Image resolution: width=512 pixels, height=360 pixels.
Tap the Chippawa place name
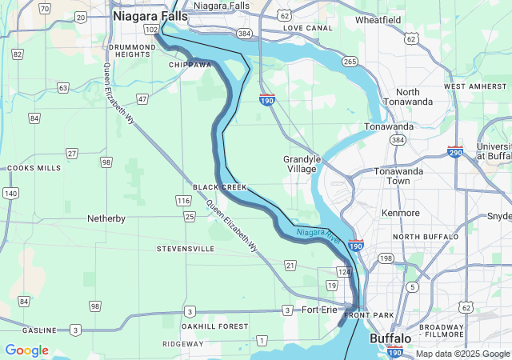[190, 65]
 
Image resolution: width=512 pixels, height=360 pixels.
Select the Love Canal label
[307, 28]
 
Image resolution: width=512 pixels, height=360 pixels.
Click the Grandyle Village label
[302, 164]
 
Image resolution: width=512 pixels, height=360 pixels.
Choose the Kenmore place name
[400, 214]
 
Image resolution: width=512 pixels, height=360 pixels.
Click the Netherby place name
[106, 218]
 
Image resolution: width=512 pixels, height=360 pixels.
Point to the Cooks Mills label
[34, 169]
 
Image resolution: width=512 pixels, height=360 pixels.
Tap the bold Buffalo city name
[390, 339]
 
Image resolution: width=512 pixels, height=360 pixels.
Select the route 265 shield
[350, 62]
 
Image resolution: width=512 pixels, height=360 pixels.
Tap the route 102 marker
[151, 29]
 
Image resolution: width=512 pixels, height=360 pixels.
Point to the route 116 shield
[183, 200]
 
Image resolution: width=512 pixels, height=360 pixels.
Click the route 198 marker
[386, 258]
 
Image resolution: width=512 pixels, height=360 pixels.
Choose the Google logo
[26, 350]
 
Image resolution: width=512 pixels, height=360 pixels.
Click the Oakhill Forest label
[214, 326]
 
